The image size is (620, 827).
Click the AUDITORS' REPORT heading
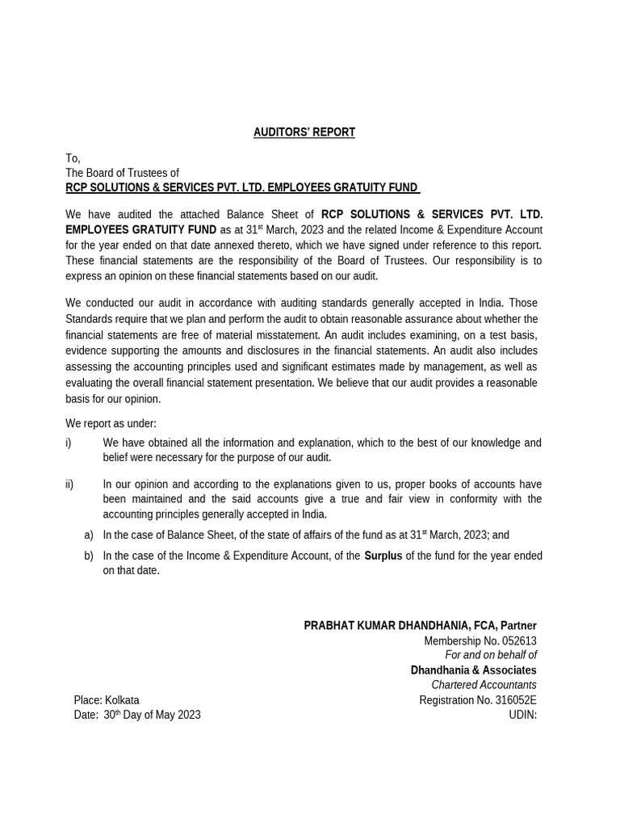tap(304, 132)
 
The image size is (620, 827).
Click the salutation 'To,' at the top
tap(73, 158)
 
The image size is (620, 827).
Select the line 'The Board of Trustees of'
tap(122, 173)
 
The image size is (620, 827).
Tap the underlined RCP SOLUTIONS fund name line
tap(242, 188)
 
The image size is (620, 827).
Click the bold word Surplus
tap(383, 556)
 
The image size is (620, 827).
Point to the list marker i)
tap(69, 443)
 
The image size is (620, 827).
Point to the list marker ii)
tap(69, 484)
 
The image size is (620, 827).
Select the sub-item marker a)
tap(89, 535)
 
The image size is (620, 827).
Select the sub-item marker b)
tap(89, 556)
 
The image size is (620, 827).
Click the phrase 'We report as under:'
tap(111, 423)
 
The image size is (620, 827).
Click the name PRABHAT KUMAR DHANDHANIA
tap(384, 626)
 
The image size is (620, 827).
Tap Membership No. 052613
tap(480, 641)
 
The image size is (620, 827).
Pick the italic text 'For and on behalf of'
tap(491, 655)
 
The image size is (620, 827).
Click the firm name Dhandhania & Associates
tap(473, 670)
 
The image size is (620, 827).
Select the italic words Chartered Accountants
tap(484, 685)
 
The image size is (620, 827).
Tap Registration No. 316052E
tap(477, 700)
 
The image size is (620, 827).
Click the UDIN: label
tap(522, 715)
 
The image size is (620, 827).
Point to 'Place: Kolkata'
tap(107, 700)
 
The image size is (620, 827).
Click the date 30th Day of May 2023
tap(152, 715)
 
